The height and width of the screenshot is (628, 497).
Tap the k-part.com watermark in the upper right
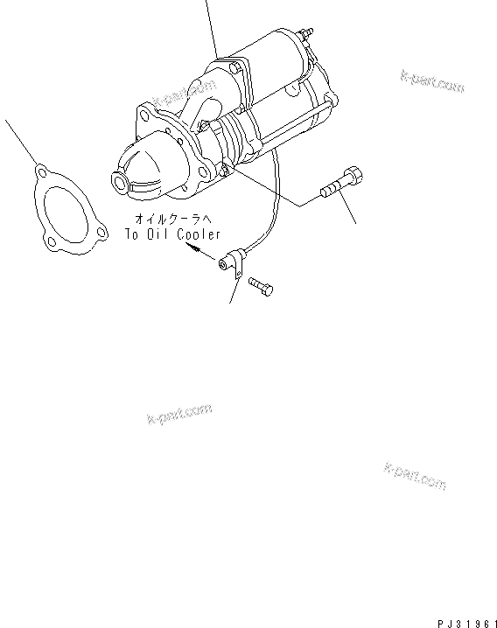432,81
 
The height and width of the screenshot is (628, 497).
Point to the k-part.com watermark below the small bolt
180,412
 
